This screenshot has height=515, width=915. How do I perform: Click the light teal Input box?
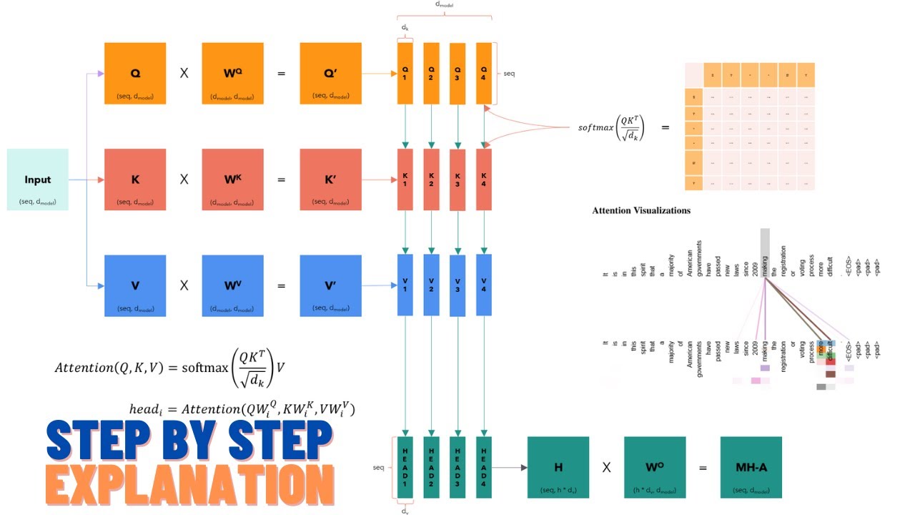point(38,180)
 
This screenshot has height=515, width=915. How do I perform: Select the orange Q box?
point(135,74)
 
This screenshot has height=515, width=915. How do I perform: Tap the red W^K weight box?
point(233,180)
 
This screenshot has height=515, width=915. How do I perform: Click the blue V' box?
point(331,285)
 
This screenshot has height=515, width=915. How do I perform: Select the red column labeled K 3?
point(457,180)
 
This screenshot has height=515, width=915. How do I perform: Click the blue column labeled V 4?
point(484,285)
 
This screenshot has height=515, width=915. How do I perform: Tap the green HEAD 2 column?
point(431,467)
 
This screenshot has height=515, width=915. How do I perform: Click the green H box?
point(558,467)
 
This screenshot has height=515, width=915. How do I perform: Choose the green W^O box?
point(655,467)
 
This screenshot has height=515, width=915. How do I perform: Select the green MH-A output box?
point(751,467)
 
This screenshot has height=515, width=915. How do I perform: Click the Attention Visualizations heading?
point(641,210)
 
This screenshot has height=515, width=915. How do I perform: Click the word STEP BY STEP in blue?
point(189,439)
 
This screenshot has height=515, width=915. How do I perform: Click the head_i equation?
point(242,409)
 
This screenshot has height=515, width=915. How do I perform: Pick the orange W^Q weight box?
point(233,74)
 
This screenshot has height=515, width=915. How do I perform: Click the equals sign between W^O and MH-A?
point(703,468)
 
